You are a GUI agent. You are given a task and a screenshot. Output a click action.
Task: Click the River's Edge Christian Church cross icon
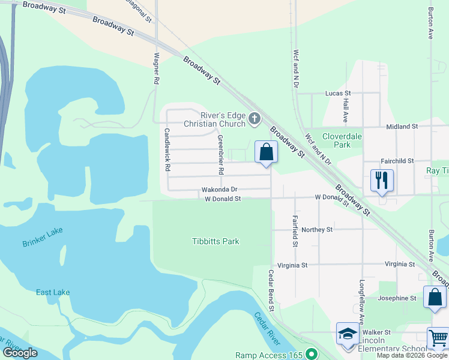click(254, 119)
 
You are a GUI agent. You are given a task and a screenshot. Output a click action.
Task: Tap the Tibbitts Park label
click(215, 241)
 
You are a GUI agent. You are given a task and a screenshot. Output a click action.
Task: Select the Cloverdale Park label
click(342, 140)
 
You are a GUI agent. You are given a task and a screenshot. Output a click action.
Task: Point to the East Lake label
click(53, 292)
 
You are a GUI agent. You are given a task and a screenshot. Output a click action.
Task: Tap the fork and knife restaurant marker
click(382, 180)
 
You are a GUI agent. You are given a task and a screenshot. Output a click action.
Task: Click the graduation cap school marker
click(348, 335)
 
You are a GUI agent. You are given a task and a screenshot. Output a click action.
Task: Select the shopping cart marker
click(438, 339)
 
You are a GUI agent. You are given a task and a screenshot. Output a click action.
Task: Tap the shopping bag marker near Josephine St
click(435, 298)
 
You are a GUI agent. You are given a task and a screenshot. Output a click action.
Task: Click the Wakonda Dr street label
click(220, 189)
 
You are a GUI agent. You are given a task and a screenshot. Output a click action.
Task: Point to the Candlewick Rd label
click(167, 150)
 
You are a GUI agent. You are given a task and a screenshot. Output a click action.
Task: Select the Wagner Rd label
click(156, 68)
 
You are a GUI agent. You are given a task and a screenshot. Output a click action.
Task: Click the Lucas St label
click(337, 94)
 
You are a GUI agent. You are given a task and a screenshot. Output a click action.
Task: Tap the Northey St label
click(317, 230)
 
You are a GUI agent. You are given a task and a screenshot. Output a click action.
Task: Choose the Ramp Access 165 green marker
click(311, 355)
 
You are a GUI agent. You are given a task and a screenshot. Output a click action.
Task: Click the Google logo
click(20, 353)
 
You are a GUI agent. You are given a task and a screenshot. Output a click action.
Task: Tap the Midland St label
click(402, 127)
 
